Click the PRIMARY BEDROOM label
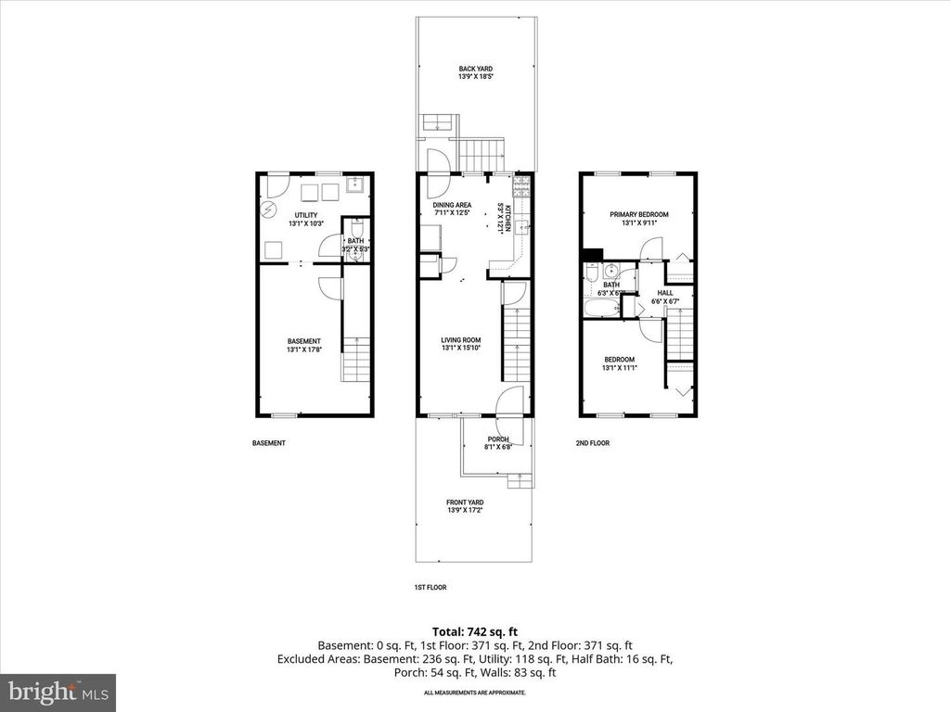638,214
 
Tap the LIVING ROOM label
459,339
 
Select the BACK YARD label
475,69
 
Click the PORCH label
498,439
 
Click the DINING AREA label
452,205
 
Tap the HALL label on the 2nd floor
665,292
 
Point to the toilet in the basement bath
355,228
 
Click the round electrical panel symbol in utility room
269,210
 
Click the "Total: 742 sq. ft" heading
475,630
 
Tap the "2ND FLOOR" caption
592,443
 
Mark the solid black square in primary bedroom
592,253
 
